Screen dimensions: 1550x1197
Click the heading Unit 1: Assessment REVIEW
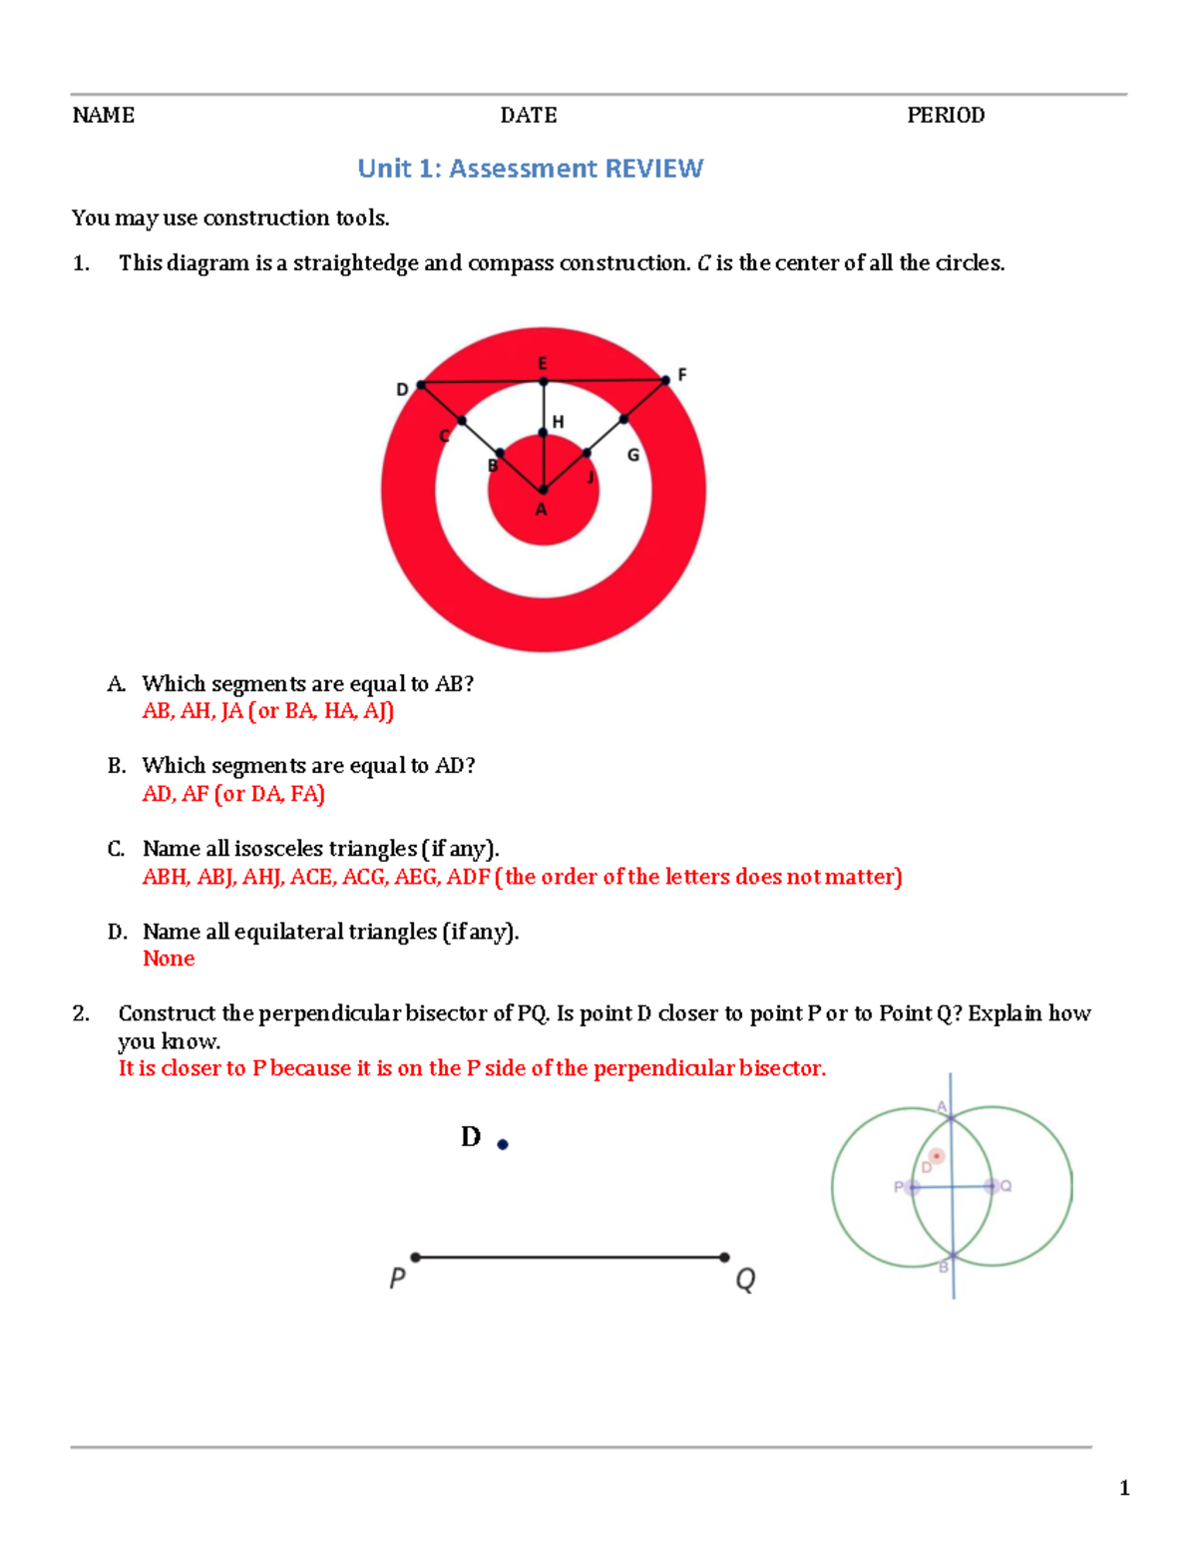[530, 169]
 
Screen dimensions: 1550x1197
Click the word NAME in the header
[103, 116]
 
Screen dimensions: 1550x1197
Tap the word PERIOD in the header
[945, 116]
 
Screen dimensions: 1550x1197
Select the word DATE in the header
[528, 116]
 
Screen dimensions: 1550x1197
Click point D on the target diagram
[421, 385]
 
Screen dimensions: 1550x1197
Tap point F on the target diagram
[665, 380]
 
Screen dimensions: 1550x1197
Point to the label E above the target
[543, 364]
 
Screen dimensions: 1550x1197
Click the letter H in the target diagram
[558, 422]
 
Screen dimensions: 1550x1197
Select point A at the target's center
[543, 490]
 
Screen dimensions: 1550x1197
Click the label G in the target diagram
[632, 455]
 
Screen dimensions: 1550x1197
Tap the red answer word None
[169, 959]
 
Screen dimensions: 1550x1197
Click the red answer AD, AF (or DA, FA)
[233, 794]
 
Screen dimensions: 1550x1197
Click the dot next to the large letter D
[503, 1145]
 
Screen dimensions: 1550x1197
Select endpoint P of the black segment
[416, 1257]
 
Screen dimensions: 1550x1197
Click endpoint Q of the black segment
[724, 1257]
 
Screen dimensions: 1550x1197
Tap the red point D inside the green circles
[936, 1156]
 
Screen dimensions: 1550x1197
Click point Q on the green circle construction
[991, 1186]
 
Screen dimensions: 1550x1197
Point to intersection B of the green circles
[954, 1256]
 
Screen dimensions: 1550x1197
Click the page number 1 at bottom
[1124, 1488]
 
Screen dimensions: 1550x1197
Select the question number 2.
[81, 1013]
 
